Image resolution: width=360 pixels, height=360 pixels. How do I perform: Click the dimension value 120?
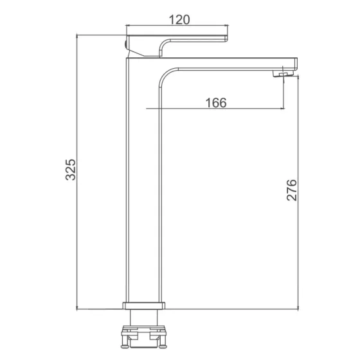point(179,20)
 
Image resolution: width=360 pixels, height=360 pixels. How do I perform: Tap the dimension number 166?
point(216,103)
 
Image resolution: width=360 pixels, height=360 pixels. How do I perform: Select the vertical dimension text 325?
point(71,170)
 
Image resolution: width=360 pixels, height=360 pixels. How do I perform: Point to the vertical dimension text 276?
point(292,190)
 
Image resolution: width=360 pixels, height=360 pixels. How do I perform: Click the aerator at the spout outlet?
point(283,74)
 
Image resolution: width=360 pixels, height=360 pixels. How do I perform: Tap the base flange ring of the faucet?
point(144,305)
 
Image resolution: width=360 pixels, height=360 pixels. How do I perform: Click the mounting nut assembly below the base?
point(144,336)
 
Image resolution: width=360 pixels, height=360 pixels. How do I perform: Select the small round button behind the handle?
point(125,44)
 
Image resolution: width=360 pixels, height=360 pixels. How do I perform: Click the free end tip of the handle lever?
point(226,39)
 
